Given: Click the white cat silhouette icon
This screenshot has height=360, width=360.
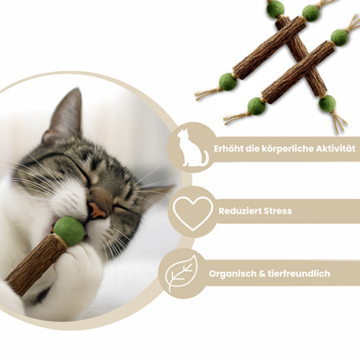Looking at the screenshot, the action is (191, 148).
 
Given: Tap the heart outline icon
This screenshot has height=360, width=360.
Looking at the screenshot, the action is (192, 213).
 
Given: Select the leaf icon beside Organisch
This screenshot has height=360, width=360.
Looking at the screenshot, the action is (182, 273).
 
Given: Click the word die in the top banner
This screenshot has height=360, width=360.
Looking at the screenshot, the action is (253, 149).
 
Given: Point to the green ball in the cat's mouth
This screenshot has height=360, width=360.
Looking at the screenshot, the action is (69, 232).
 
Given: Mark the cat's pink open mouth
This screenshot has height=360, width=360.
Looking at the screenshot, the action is (97, 211).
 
